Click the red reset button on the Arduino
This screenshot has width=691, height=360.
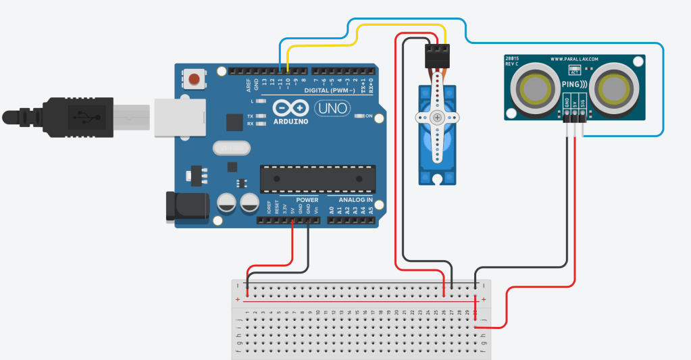tap(195, 79)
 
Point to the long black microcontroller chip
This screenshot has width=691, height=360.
tap(317, 178)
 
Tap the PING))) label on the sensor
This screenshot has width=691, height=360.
tap(574, 85)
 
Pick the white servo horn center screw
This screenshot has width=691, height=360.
tap(438, 118)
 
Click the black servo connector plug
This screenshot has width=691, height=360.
tap(437, 55)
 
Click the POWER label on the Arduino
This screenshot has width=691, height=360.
tap(307, 200)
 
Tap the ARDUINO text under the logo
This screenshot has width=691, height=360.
tap(292, 122)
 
